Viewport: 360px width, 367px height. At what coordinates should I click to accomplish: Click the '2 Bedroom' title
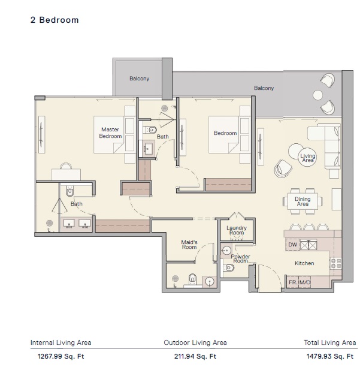pos(55,20)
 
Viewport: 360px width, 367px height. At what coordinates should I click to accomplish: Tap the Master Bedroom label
pos(110,133)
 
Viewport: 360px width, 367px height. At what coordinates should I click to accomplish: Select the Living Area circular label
pos(307,158)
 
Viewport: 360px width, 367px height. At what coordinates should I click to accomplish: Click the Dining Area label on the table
pos(303,201)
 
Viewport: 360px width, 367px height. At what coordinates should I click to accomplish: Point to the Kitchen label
pos(304,263)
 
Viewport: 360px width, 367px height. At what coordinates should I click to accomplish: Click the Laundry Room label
pos(237,230)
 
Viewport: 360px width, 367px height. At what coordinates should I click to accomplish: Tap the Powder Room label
pos(241,259)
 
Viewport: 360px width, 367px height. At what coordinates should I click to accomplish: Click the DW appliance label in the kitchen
pos(292,245)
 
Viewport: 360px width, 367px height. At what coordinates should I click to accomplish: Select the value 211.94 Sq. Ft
pos(195,356)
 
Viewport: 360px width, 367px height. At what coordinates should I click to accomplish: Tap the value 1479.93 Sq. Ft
pos(331,356)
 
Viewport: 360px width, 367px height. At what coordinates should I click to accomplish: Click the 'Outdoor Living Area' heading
pos(195,343)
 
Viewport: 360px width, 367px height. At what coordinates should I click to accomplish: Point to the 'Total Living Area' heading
pos(330,343)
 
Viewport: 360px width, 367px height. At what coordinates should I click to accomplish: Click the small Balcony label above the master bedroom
pos(140,79)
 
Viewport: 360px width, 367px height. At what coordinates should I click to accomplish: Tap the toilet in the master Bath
pos(69,191)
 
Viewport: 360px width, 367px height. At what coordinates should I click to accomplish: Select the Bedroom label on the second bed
pos(225,133)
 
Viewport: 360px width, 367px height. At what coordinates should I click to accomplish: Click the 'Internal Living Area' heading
pos(61,343)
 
